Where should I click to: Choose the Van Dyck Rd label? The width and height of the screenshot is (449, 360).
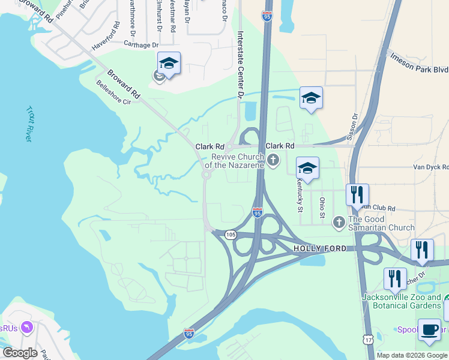(x=430, y=167)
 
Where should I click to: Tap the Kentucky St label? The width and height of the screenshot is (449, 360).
(x=300, y=194)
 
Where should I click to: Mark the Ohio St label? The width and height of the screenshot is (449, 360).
(x=322, y=208)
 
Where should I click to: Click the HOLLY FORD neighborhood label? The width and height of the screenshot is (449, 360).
(x=320, y=248)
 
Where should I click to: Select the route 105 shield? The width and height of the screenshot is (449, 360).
(x=231, y=234)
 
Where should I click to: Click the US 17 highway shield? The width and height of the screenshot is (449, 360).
(x=367, y=339)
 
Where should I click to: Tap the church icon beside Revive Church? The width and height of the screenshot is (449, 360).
(x=274, y=160)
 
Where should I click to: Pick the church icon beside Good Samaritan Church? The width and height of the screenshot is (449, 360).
(x=339, y=222)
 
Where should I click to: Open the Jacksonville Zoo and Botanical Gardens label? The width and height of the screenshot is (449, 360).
(x=402, y=301)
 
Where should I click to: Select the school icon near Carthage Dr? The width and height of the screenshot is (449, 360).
(x=169, y=63)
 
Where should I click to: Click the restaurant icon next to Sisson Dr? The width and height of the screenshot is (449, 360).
(x=357, y=194)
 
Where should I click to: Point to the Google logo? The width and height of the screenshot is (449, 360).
(x=20, y=352)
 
